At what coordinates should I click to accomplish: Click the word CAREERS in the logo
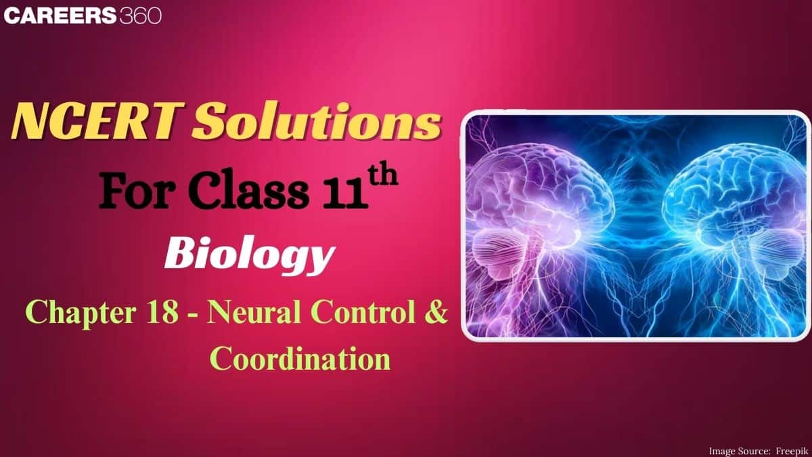(x=60, y=16)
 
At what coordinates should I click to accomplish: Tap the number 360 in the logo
(x=141, y=16)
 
